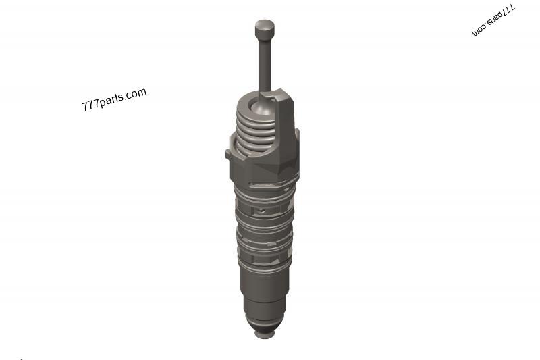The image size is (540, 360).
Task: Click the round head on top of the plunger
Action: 265,29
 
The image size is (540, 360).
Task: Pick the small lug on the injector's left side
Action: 228,154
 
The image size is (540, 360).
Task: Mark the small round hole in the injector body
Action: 261,211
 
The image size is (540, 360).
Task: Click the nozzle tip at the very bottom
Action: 264,333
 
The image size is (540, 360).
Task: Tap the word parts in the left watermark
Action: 112,100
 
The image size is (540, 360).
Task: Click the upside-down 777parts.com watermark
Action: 493,21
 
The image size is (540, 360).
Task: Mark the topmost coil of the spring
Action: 256,111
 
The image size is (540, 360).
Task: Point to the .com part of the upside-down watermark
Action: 479,30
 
